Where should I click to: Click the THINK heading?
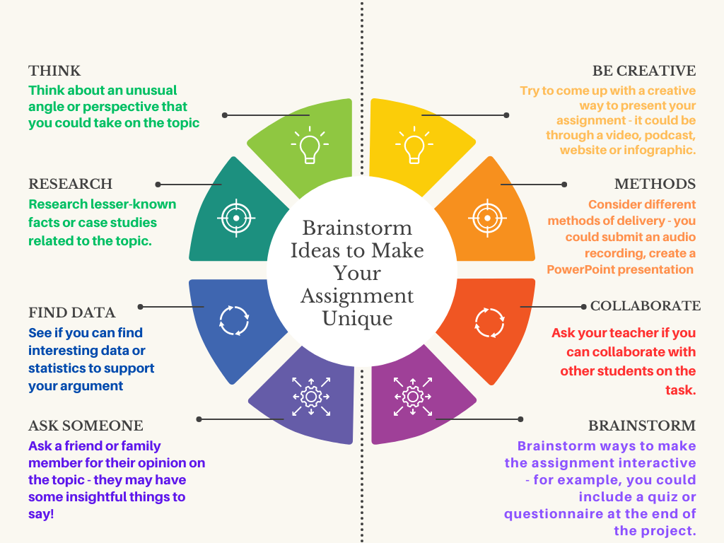click(x=54, y=71)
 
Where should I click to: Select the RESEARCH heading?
click(x=70, y=184)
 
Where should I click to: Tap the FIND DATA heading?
click(x=71, y=313)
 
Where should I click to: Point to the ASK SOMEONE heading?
click(x=86, y=426)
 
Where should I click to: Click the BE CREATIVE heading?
click(x=644, y=71)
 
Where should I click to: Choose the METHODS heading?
click(x=655, y=184)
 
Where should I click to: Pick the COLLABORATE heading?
click(x=645, y=306)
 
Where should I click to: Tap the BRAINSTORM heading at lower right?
click(x=642, y=426)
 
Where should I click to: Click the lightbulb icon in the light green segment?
click(x=309, y=145)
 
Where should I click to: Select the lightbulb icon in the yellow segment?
click(x=414, y=145)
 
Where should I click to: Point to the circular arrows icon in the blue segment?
click(x=233, y=320)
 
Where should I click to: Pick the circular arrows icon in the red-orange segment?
click(x=489, y=322)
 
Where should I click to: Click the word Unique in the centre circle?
click(x=357, y=319)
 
